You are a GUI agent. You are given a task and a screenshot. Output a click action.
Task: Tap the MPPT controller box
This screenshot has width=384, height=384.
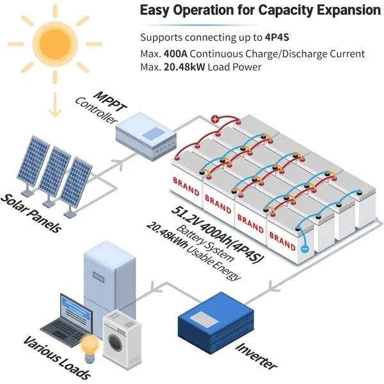tap(145, 136)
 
